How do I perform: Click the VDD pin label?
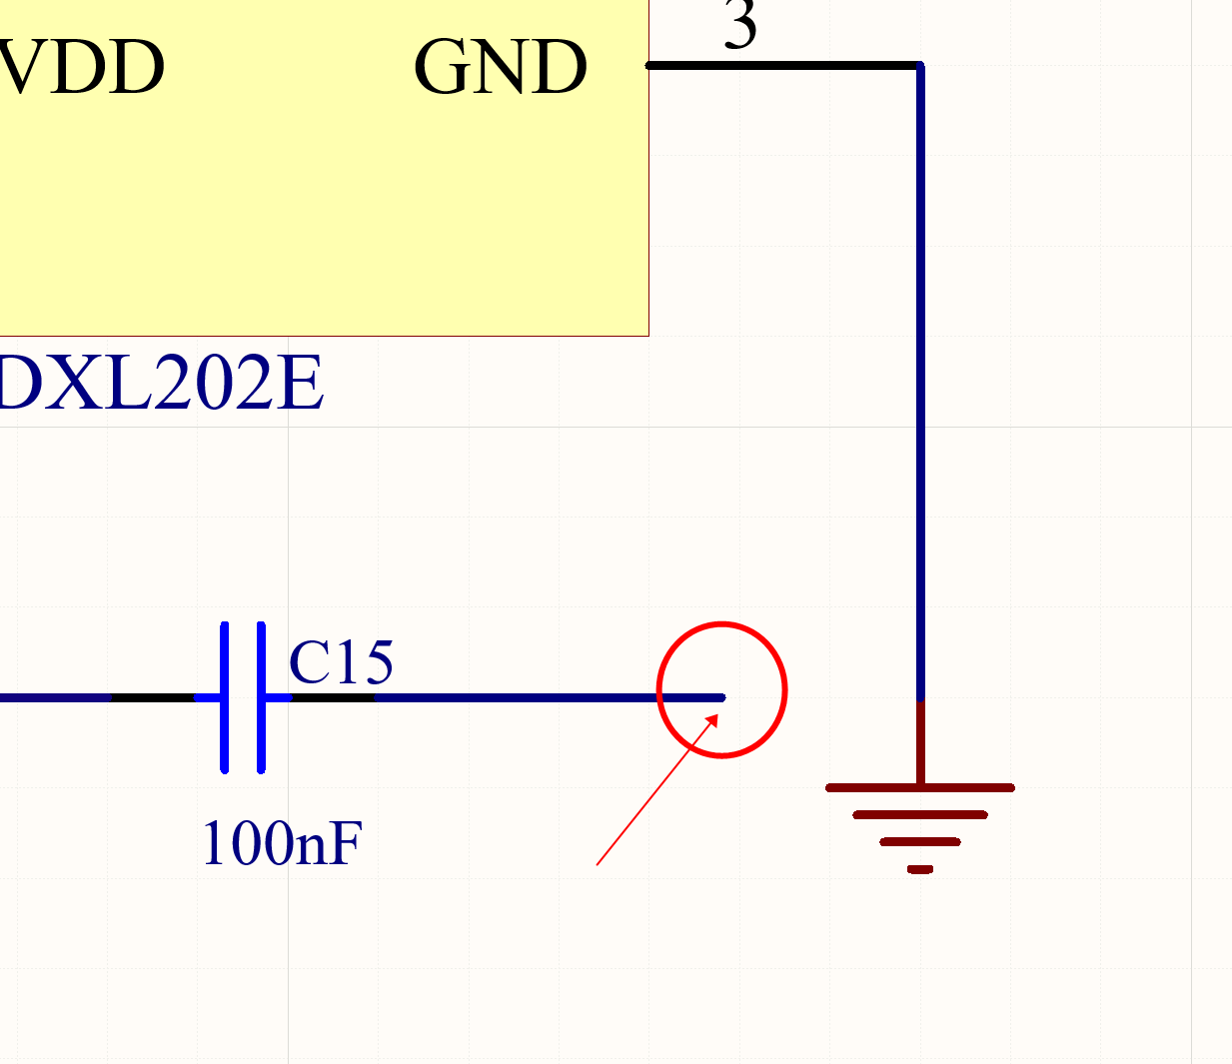point(82,68)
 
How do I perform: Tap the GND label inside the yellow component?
point(500,68)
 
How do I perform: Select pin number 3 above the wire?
point(740,24)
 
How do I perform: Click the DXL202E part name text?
point(160,384)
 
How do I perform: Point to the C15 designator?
point(341,661)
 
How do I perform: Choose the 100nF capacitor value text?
point(282,843)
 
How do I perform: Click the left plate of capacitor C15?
point(225,697)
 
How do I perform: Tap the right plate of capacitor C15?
point(261,697)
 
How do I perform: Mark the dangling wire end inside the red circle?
point(721,697)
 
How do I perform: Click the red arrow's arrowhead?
point(713,718)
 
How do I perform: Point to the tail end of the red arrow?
point(598,864)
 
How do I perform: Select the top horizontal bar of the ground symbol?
point(920,787)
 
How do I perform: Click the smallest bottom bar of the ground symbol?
point(920,869)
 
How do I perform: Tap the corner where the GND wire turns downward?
point(920,66)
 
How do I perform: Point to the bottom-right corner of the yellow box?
point(648,335)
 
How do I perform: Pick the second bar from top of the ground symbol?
point(920,815)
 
